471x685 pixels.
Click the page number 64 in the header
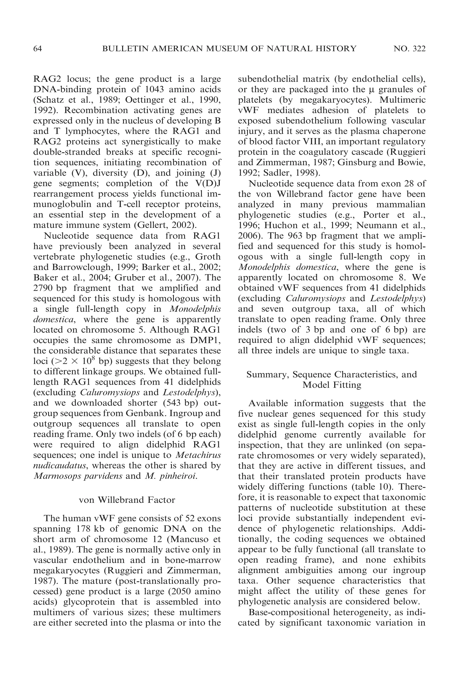37,49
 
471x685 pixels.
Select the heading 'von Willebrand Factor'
127,500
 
